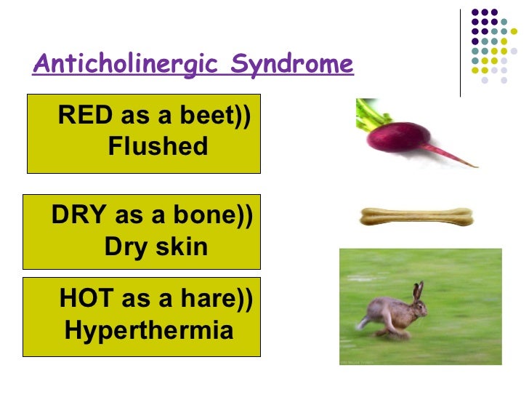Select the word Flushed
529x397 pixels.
pos(157,147)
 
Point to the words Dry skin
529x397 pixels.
pos(156,247)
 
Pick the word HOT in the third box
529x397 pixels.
pos(85,299)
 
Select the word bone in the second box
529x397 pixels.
pos(204,216)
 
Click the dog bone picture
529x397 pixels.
pos(416,217)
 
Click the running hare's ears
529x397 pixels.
pos(418,292)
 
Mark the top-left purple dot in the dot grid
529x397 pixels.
pos(475,12)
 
